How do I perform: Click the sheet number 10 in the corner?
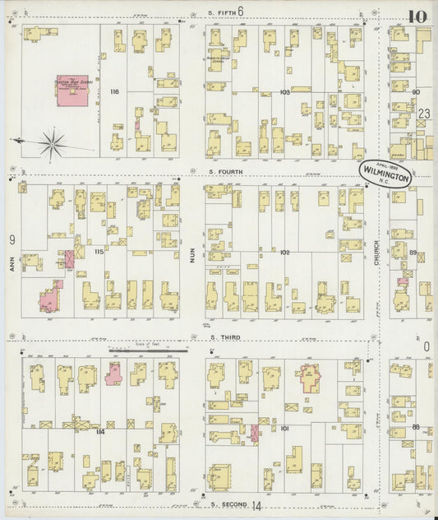click(416, 16)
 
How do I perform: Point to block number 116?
click(115, 92)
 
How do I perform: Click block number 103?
click(285, 92)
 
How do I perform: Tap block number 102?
click(285, 252)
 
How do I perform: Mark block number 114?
click(99, 431)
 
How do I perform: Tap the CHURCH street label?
click(377, 262)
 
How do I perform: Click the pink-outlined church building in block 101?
click(311, 378)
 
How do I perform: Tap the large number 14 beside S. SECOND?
click(256, 506)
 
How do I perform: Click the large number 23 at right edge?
click(424, 114)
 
